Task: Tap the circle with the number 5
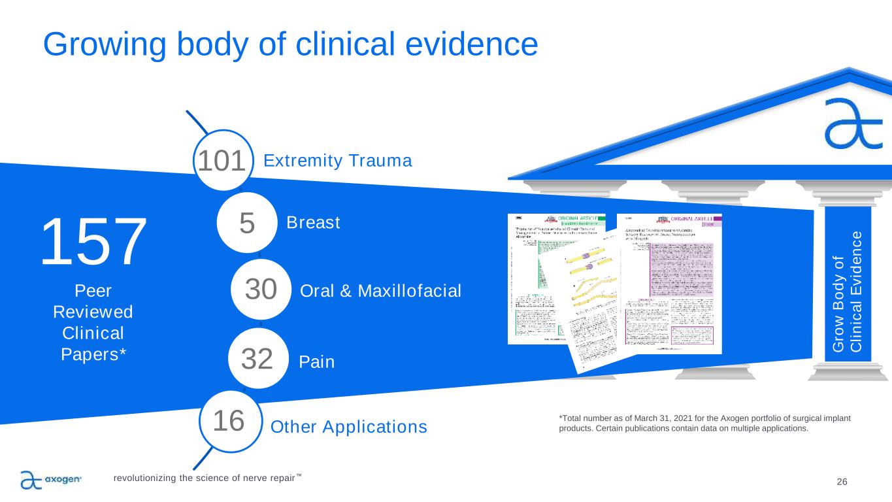pos(246,223)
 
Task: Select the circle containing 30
pos(261,290)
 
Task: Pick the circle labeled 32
pos(257,359)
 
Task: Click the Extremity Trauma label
pos(338,161)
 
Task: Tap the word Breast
pos(313,223)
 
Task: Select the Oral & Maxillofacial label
pos(380,290)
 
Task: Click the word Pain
pos(316,361)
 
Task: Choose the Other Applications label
pos(349,427)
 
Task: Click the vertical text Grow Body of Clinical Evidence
pos(848,291)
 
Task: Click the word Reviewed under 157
pos(92,311)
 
